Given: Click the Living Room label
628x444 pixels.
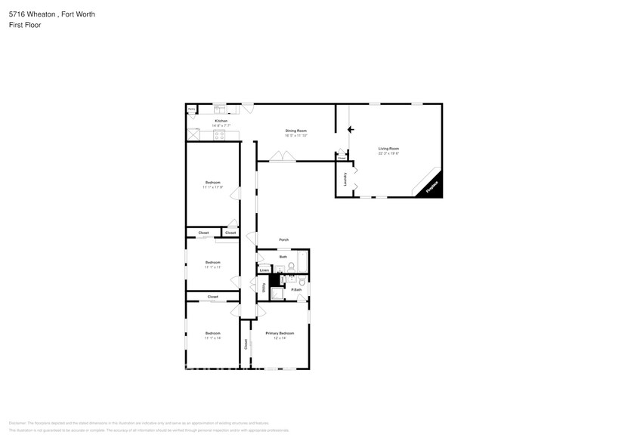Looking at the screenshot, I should click(388, 148).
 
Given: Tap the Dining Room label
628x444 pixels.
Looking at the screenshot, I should click(295, 131).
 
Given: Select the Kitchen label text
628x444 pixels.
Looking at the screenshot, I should click(221, 121).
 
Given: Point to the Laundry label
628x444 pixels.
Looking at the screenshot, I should click(345, 179).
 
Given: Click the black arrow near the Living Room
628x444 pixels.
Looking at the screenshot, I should click(350, 129).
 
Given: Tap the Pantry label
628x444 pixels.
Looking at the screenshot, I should click(192, 109).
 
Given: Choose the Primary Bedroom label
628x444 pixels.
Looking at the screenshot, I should click(280, 333).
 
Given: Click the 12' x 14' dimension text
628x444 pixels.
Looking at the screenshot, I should click(280, 338).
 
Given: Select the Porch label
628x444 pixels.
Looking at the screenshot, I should click(283, 240).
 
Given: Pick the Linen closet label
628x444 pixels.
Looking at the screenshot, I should click(265, 270).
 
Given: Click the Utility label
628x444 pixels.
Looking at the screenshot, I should click(264, 288).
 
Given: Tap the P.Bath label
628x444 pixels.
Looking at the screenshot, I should click(296, 290).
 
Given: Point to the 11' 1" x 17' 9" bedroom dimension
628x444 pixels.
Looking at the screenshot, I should click(212, 187).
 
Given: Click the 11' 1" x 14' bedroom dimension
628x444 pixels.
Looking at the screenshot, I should click(212, 338).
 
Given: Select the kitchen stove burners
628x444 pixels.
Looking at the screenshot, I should click(219, 136).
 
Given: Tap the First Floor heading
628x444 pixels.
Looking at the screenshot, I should click(25, 25).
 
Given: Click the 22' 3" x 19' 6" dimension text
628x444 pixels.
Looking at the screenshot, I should click(388, 153).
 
